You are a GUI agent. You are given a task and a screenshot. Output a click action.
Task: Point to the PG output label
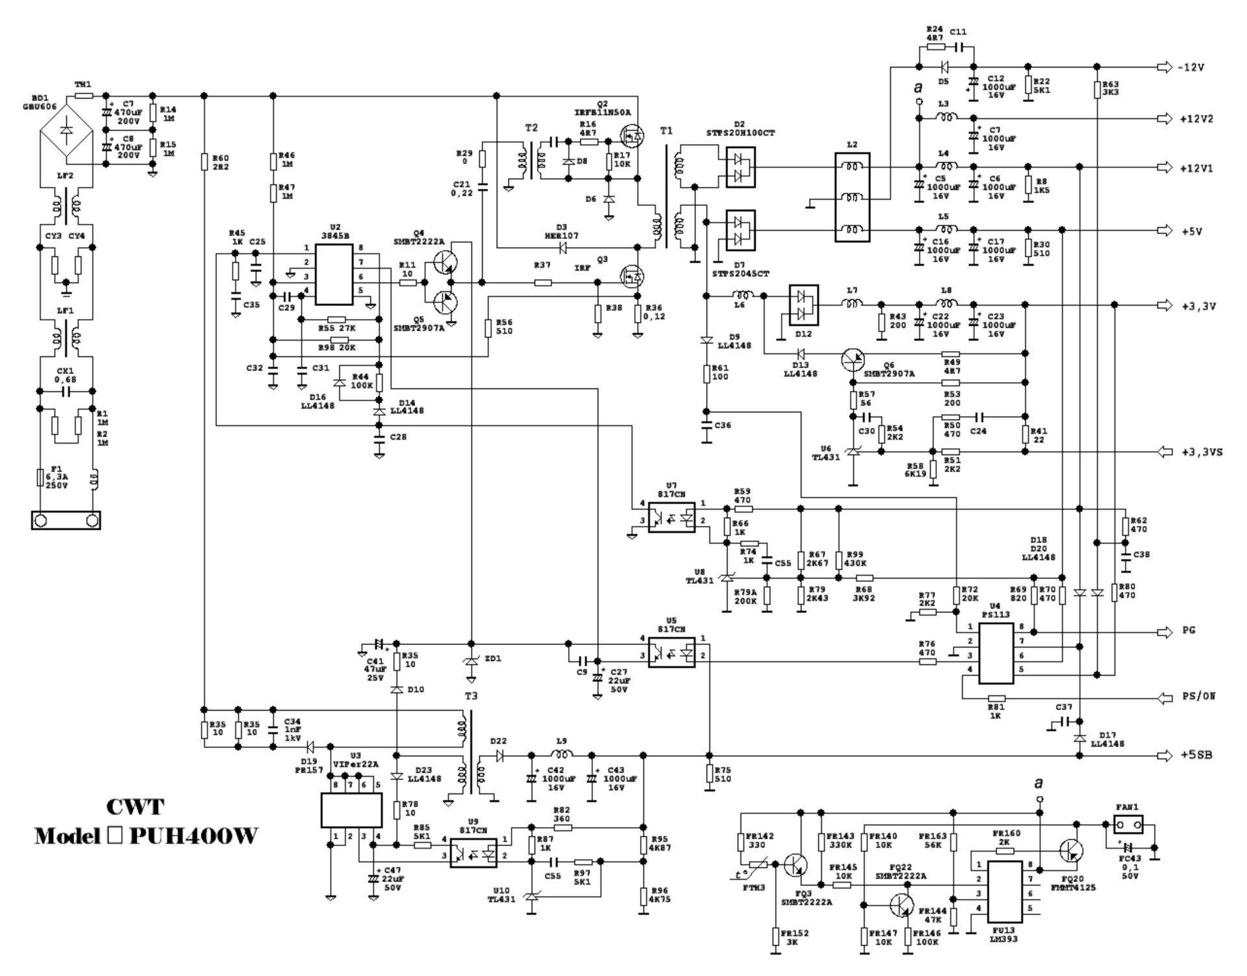click(x=1189, y=631)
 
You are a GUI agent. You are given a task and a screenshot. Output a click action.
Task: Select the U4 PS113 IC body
click(x=996, y=653)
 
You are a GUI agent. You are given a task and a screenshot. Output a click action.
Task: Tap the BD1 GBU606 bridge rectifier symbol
click(x=66, y=130)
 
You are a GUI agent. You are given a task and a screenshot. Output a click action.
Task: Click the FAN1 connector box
click(x=1128, y=825)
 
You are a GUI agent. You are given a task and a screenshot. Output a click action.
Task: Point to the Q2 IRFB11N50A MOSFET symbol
click(x=631, y=135)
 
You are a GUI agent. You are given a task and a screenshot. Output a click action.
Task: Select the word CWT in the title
click(x=135, y=807)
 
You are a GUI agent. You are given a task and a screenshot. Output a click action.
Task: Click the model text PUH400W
click(x=193, y=836)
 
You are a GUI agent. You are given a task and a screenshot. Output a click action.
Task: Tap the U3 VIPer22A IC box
click(x=351, y=809)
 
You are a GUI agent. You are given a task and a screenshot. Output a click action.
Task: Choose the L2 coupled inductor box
click(x=852, y=197)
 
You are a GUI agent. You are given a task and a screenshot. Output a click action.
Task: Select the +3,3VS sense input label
click(x=1202, y=452)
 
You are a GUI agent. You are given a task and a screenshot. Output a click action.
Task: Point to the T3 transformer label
click(x=471, y=696)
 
